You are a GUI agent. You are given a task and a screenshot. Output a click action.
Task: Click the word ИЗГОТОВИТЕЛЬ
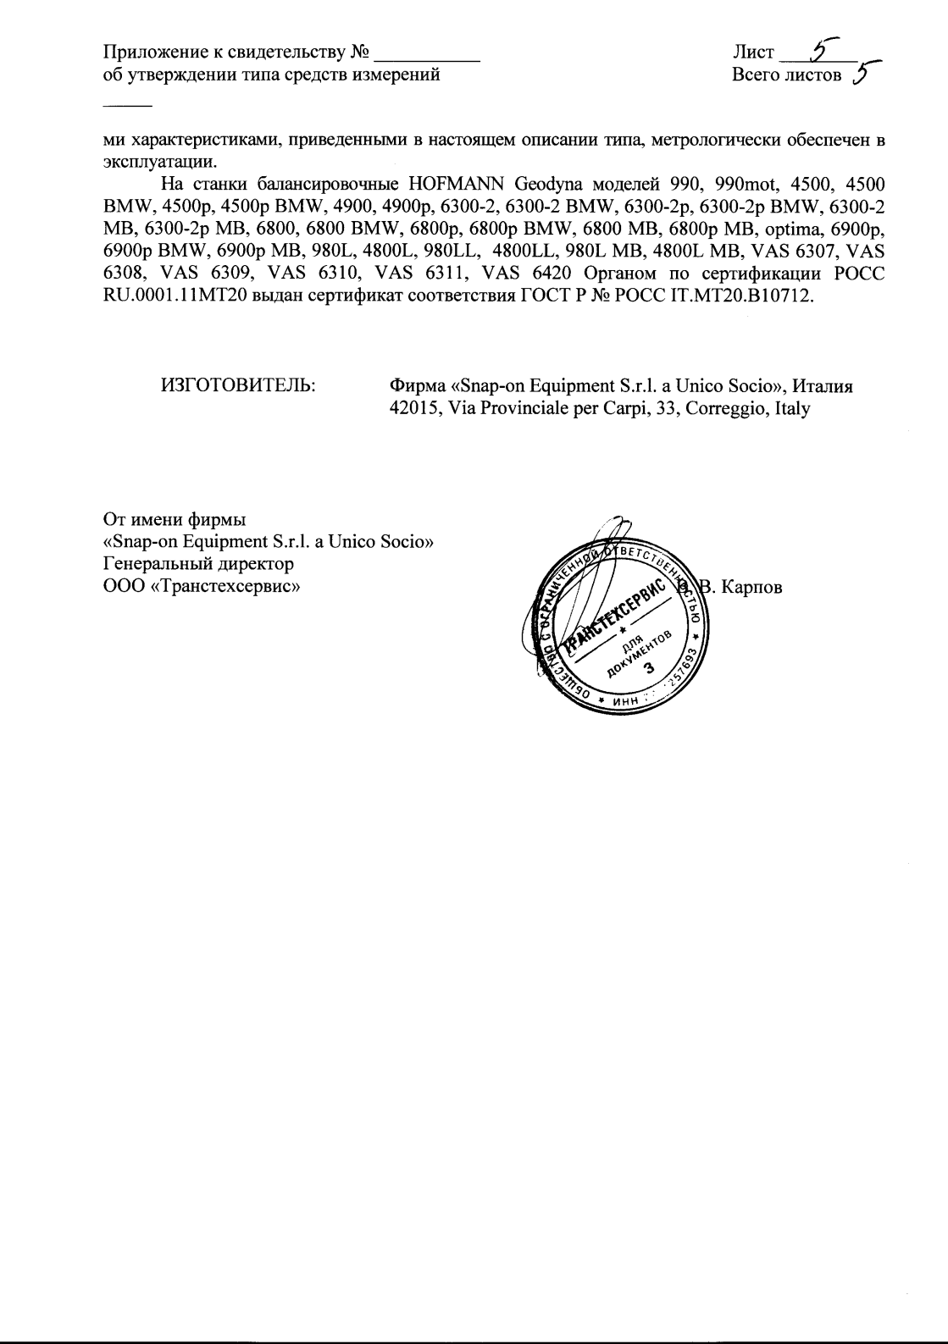coord(238,386)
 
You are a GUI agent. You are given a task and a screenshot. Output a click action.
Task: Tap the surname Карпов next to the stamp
coord(751,586)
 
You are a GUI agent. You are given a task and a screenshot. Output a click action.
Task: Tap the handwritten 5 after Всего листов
coord(862,75)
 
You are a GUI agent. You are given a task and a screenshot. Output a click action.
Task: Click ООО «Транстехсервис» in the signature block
coord(202,584)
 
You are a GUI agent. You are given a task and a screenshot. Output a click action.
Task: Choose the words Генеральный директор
coord(198,562)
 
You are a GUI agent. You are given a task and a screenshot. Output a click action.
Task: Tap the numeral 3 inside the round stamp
coord(650,667)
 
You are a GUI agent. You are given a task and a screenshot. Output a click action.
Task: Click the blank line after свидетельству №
coord(427,56)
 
